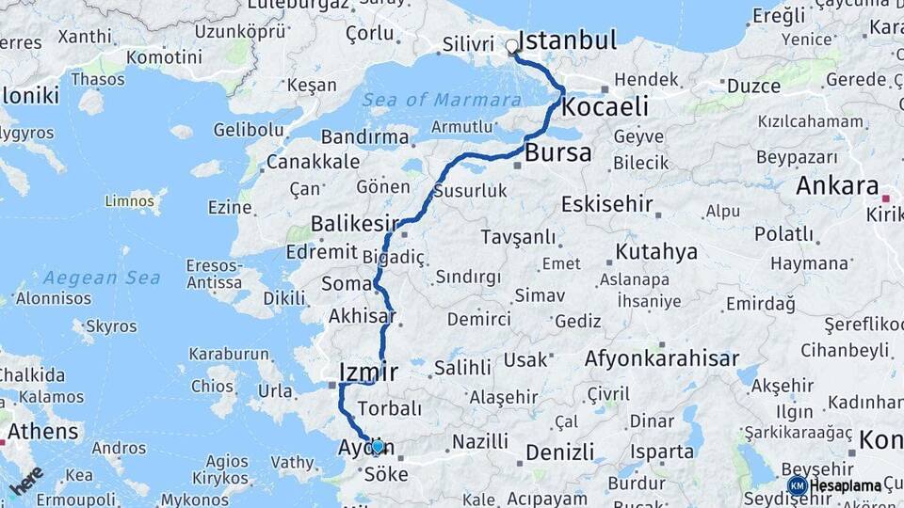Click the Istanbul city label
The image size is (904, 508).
[x=568, y=40]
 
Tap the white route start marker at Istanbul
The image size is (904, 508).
[x=512, y=45]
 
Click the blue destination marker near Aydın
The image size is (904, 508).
[x=378, y=447]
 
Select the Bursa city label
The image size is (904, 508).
[x=558, y=152]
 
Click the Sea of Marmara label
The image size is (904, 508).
[x=442, y=100]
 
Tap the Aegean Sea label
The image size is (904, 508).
[x=101, y=278]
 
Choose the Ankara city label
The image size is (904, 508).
[x=836, y=185]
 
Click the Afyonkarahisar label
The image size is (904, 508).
[x=662, y=358]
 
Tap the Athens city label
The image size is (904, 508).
[x=43, y=432]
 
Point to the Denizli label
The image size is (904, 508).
[x=560, y=452]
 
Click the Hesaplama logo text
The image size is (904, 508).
[x=847, y=485]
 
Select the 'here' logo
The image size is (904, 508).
[x=26, y=480]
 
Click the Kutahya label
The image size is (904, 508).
[x=656, y=251]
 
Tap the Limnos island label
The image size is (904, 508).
[x=130, y=199]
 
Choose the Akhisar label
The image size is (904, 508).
[x=363, y=316]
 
